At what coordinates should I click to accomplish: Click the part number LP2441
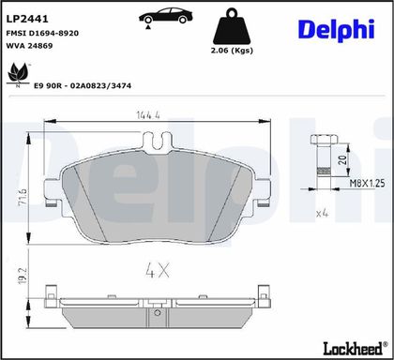27,19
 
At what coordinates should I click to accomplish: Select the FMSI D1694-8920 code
42,33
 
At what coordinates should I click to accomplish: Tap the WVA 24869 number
30,46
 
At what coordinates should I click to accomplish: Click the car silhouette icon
166,17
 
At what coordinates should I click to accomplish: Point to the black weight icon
232,26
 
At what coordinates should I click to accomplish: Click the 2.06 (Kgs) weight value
232,51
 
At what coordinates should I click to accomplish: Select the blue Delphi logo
337,30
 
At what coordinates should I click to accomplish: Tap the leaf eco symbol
18,74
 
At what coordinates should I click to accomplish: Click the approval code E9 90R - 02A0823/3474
83,85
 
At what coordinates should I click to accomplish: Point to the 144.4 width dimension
148,115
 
